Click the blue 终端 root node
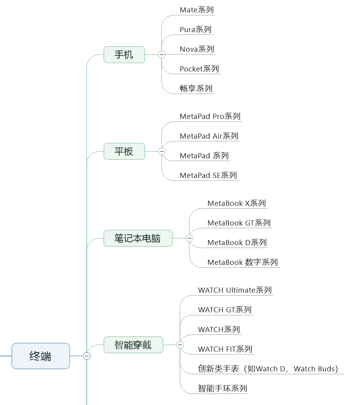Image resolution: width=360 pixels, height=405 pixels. click(41, 356)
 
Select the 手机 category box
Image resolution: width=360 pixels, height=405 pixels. click(124, 54)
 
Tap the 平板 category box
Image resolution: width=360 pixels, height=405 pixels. click(124, 151)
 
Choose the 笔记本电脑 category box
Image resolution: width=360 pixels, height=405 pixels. click(138, 238)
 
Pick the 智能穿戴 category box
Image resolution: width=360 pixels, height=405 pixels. click(133, 345)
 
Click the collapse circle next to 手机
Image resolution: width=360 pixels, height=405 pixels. click(162, 54)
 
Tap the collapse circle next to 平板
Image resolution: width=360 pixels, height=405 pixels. click(162, 151)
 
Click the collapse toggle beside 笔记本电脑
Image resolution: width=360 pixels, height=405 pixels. click(189, 238)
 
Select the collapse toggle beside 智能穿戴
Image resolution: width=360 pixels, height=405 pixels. click(180, 345)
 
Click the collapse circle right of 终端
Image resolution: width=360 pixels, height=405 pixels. click(87, 356)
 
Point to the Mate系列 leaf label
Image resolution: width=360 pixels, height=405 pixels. click(197, 10)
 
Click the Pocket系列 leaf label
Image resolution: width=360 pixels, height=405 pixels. click(200, 69)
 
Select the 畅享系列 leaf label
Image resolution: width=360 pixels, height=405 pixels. click(196, 88)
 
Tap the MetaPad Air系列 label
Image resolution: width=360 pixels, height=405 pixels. click(209, 136)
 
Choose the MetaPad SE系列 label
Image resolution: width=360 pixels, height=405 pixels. click(209, 175)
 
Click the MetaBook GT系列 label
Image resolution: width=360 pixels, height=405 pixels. click(239, 223)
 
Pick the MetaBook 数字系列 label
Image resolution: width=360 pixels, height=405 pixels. click(243, 262)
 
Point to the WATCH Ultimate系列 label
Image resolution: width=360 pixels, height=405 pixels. click(235, 290)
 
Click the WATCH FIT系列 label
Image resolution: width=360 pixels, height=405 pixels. click(225, 349)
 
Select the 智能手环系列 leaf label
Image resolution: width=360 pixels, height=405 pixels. click(223, 388)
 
